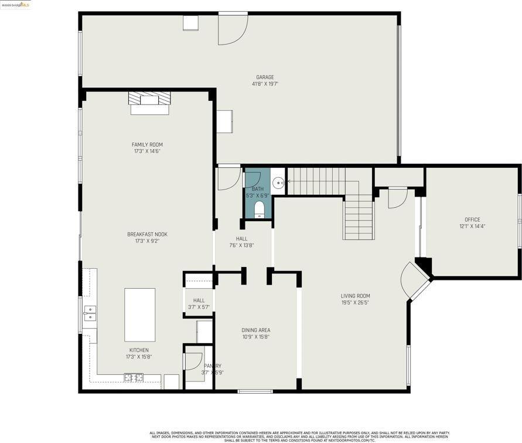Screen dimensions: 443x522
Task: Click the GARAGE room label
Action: (265, 77)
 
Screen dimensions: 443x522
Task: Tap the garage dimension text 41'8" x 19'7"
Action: (265, 84)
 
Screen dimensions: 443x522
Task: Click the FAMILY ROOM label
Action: (147, 144)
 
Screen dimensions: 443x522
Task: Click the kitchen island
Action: (140, 315)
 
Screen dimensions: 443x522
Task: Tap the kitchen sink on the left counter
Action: (90, 313)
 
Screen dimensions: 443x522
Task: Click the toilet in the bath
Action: (260, 209)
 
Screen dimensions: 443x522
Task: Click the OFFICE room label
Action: (472, 219)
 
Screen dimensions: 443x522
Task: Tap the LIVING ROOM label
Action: (355, 296)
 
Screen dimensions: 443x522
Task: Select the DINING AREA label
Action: (256, 330)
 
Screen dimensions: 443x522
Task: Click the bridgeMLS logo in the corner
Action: (16, 5)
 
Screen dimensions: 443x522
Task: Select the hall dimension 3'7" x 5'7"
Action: (199, 307)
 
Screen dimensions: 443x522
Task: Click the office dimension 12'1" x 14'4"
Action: (472, 226)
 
